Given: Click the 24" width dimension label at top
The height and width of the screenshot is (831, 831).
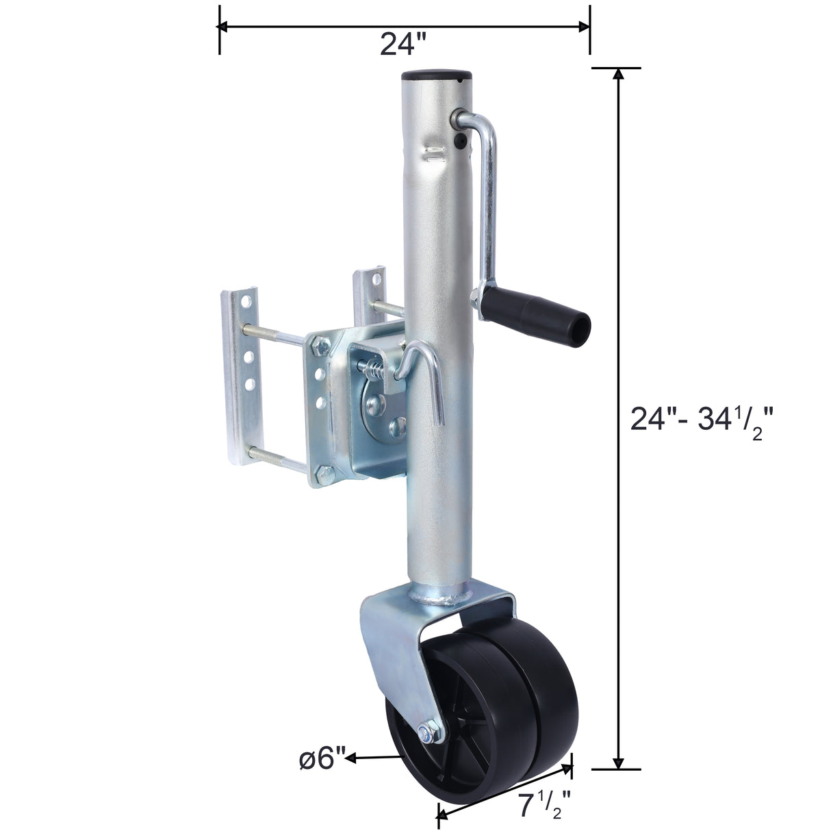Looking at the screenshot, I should click(403, 45).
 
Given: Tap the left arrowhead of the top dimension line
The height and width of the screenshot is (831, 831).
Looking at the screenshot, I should click(223, 27).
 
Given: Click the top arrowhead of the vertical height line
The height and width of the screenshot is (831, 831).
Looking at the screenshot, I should click(619, 74).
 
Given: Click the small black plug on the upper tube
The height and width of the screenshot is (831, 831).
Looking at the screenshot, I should click(459, 140).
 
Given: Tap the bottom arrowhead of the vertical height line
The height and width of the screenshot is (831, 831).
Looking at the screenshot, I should click(619, 763).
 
